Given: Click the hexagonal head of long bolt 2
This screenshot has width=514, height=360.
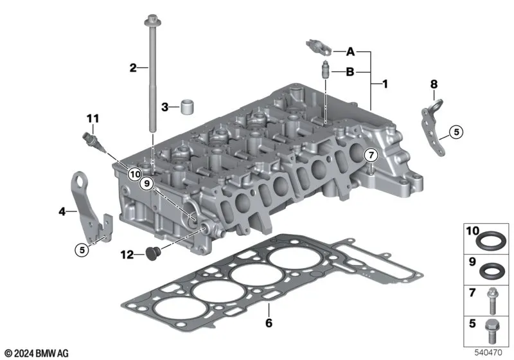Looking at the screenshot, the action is [152, 21].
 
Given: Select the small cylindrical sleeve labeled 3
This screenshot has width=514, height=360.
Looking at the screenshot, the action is [188, 107].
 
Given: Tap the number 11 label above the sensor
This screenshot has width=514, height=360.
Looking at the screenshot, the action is [93, 118].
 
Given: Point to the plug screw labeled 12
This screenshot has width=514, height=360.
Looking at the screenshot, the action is [152, 253].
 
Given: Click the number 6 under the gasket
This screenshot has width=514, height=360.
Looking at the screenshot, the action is [269, 323].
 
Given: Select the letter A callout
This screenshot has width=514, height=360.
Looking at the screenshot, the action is [350, 51].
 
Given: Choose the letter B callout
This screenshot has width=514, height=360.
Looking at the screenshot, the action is [350, 71].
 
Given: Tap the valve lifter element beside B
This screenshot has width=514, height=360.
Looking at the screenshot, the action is [326, 70].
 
